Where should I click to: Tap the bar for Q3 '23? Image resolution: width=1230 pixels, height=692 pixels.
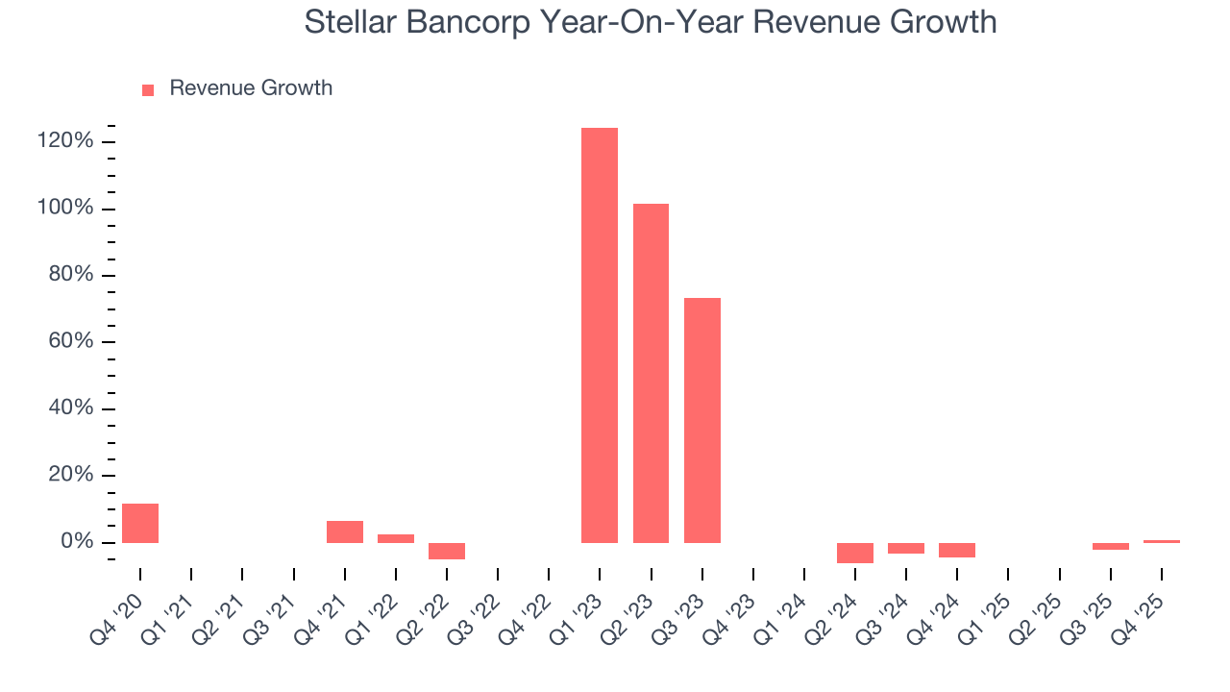701,420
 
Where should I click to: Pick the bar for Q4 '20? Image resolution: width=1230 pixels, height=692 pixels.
140,523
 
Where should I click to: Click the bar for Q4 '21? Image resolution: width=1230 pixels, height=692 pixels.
345,531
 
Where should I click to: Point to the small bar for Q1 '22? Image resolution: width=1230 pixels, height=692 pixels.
396,538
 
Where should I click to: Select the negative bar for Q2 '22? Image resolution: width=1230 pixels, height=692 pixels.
447,551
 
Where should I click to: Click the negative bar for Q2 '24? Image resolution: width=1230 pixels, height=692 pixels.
855,553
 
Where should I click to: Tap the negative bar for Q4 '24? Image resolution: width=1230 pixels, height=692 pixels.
957,550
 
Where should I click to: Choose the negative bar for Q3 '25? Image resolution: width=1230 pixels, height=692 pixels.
1110,546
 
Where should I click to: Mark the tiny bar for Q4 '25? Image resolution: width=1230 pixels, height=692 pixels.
1161,541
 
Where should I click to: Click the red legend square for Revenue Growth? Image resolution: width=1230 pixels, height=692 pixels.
148,89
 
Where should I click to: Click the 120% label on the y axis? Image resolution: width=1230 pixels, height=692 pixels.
66,142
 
